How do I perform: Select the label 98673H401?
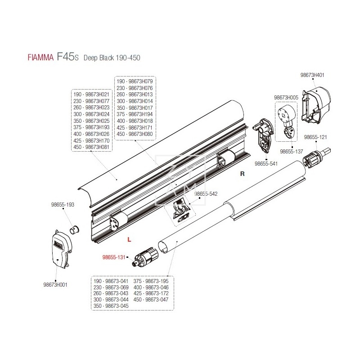tap(312, 75)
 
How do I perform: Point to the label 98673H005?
tap(286, 97)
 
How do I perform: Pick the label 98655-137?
tap(292, 152)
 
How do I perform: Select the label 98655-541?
tap(267, 164)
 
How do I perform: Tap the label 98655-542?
tap(206, 194)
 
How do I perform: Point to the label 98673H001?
tap(56, 285)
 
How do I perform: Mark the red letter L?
tap(129, 240)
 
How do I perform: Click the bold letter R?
tap(242, 173)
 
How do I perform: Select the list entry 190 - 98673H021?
tap(91, 95)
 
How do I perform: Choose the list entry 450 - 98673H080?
tap(135, 134)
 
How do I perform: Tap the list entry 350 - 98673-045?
tap(111, 306)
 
